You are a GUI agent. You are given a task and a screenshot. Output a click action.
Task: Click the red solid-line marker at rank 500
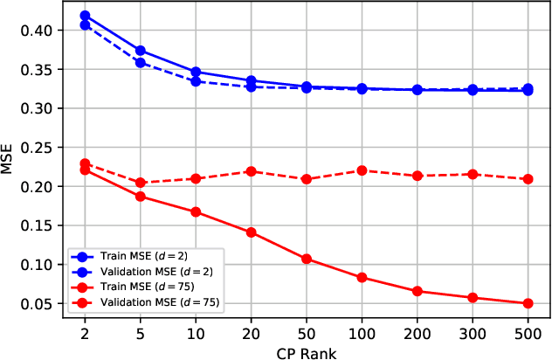[x=528, y=303]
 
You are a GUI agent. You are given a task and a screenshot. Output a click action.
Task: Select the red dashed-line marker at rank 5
[x=140, y=183]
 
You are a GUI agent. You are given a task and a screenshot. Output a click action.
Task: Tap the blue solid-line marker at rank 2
[x=85, y=16]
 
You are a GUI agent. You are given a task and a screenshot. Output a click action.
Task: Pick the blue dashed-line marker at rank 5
[x=140, y=63]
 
